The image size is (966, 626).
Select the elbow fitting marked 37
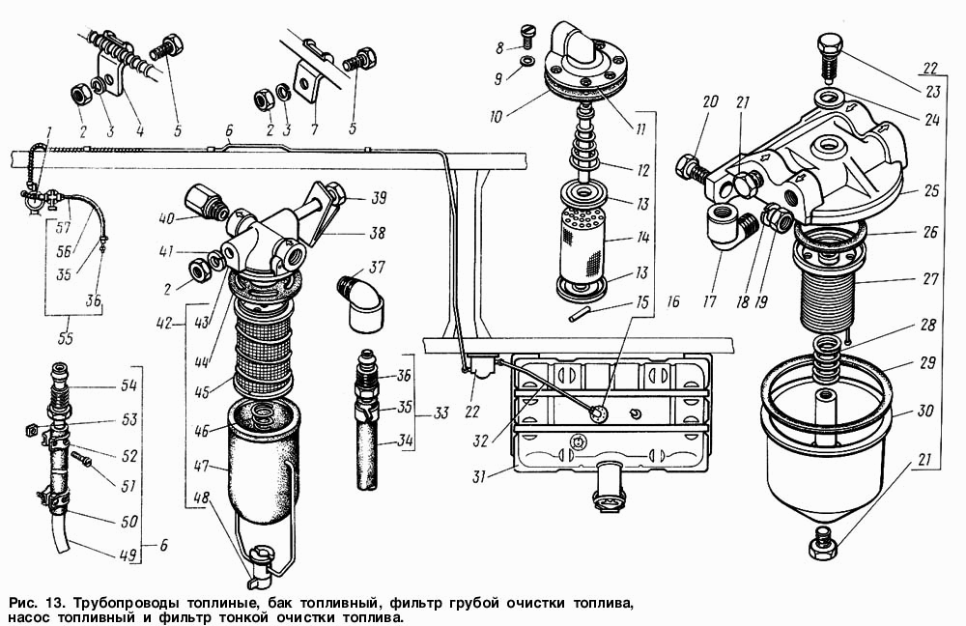point(359,302)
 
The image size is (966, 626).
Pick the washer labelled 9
point(526,62)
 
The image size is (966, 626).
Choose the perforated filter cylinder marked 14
point(582,243)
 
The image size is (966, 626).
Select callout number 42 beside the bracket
point(165,322)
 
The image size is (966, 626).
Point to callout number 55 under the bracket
point(65,338)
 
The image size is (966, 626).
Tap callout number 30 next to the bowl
point(925,410)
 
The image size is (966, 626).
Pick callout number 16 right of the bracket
point(673,301)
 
